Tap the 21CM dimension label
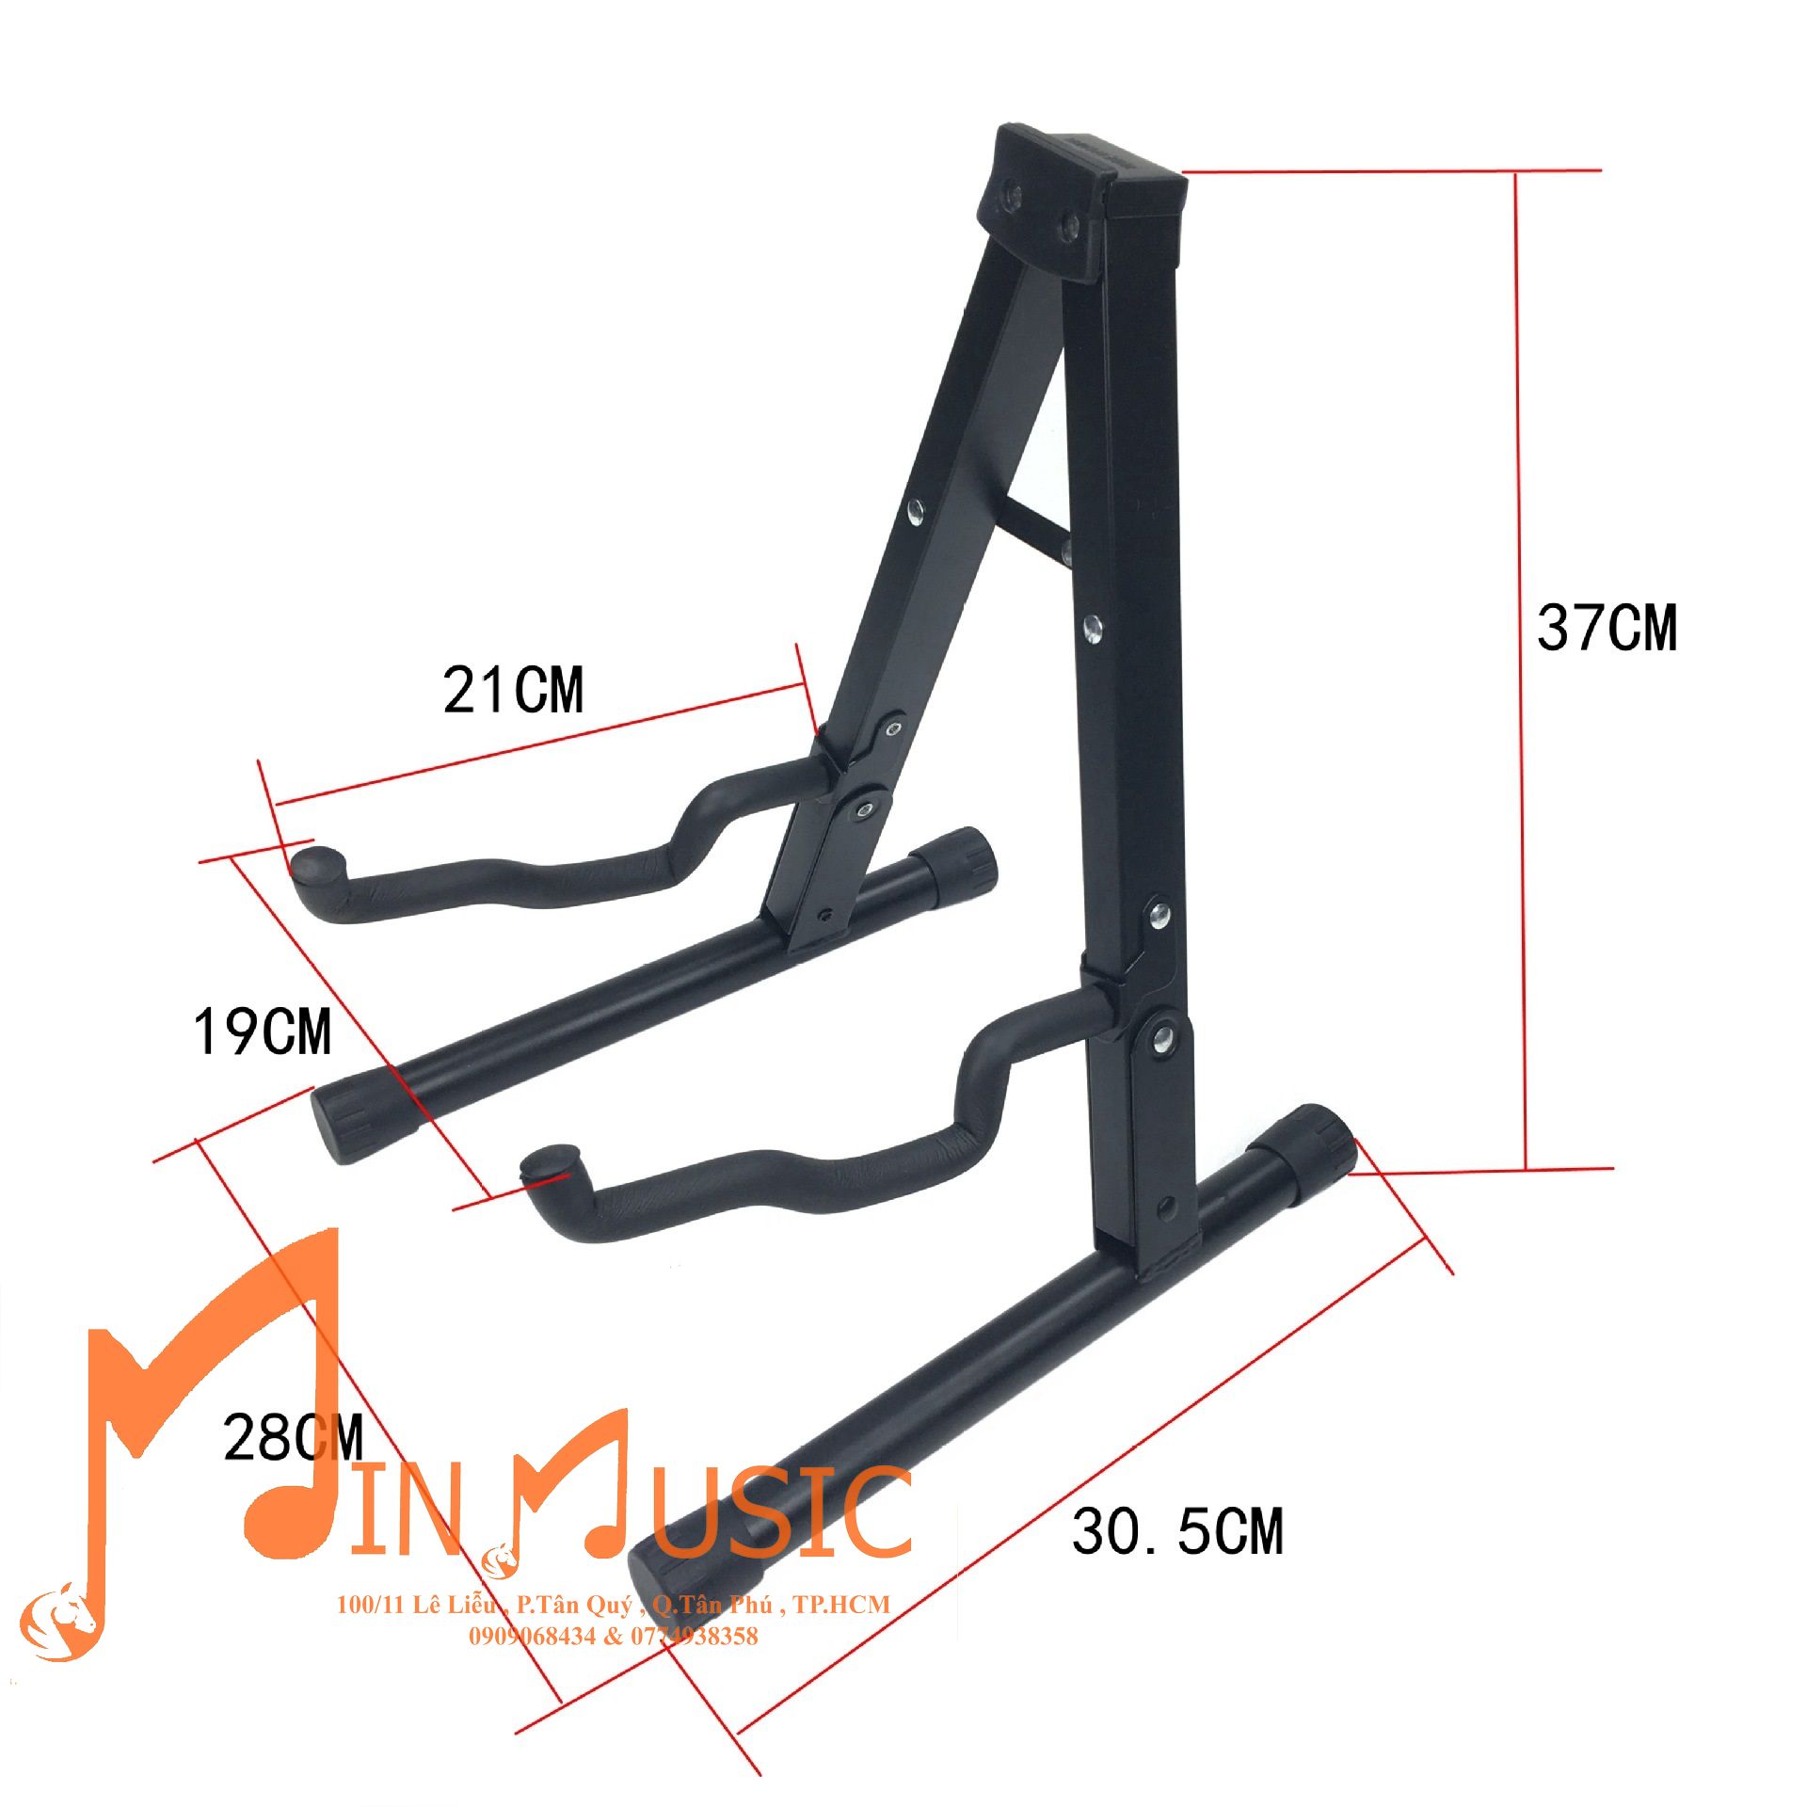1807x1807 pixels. click(513, 690)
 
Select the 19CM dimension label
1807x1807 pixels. click(263, 1031)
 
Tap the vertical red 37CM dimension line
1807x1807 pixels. click(1520, 671)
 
